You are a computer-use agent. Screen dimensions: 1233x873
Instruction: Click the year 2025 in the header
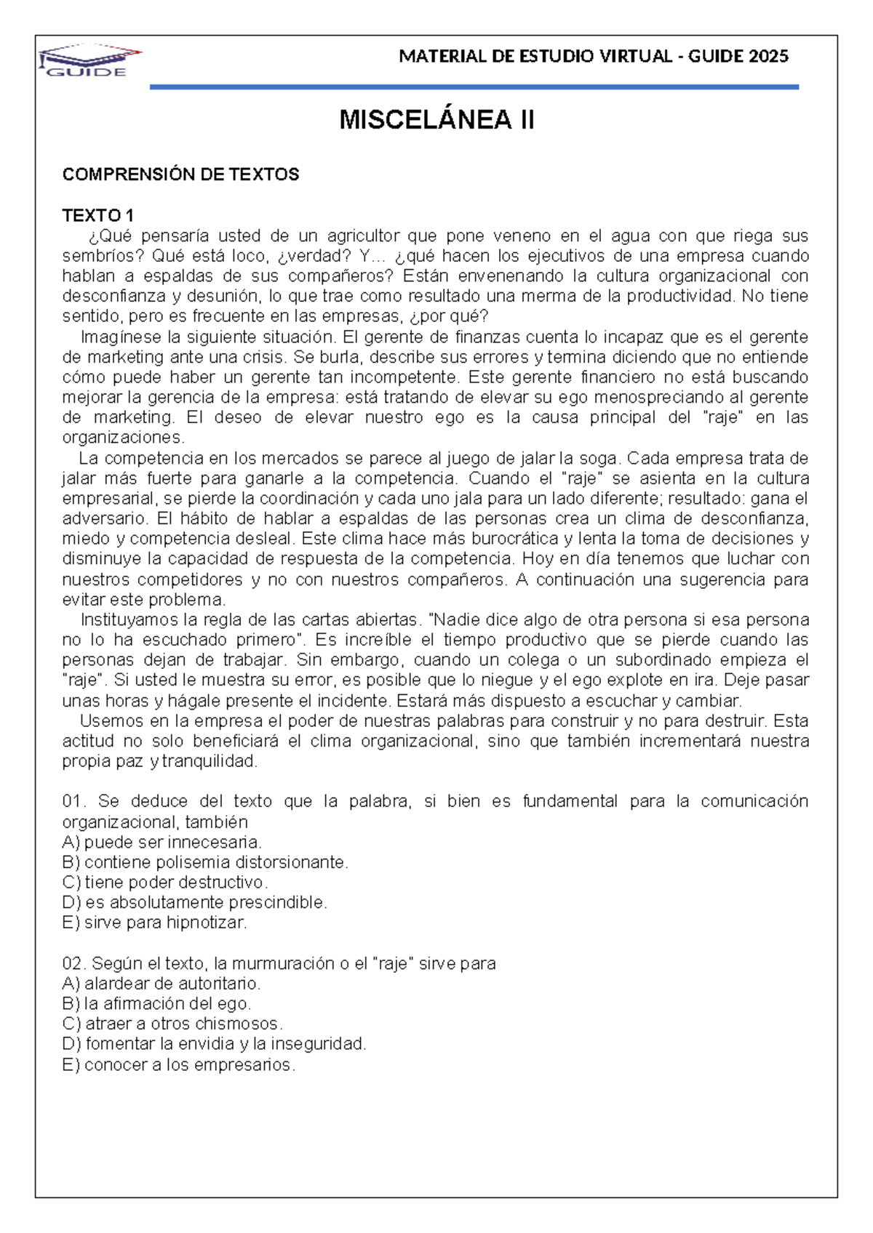(x=768, y=57)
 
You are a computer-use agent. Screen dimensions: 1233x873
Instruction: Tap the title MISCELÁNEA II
(x=436, y=120)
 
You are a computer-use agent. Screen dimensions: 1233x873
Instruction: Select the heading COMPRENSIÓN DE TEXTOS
(x=180, y=174)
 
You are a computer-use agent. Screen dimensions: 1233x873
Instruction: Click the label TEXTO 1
(x=97, y=216)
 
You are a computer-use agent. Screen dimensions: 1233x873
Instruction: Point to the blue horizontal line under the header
(x=474, y=87)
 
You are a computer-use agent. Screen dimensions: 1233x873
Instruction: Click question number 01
(x=73, y=801)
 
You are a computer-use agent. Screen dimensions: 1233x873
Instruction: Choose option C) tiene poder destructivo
(x=165, y=883)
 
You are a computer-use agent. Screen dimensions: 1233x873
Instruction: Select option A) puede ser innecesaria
(x=162, y=843)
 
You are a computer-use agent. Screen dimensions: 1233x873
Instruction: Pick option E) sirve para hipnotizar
(x=155, y=923)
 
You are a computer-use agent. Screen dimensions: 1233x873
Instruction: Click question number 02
(x=74, y=964)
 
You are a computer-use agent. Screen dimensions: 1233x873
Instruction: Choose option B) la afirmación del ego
(x=156, y=1004)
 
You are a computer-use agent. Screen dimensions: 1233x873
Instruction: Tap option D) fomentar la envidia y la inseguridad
(x=214, y=1044)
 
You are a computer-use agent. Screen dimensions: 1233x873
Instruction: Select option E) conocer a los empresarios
(x=179, y=1065)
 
